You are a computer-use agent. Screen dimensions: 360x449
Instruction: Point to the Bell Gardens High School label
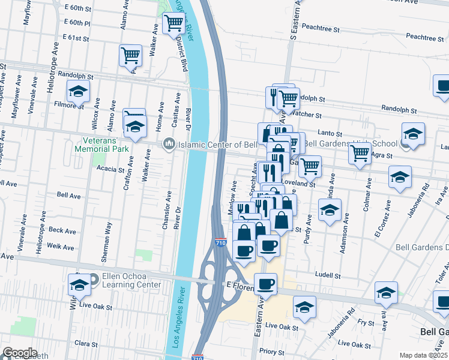click(x=351, y=143)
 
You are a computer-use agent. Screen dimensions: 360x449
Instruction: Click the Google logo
click(x=19, y=353)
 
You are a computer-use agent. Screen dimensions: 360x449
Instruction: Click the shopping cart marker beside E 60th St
click(x=173, y=23)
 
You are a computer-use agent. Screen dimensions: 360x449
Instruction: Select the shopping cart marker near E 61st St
click(x=130, y=56)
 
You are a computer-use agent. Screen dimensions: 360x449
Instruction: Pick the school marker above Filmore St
click(x=77, y=92)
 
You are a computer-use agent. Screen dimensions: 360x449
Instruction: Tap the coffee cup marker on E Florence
click(x=265, y=284)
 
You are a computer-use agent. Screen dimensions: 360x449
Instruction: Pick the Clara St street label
click(x=86, y=344)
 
